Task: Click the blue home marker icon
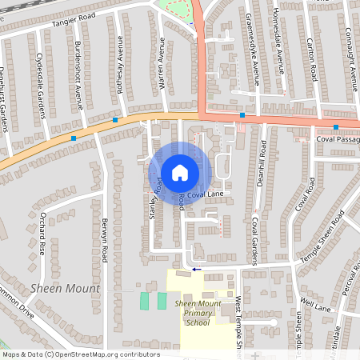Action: click(180, 172)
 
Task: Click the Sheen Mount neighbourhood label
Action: click(65, 288)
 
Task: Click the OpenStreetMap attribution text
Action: click(81, 354)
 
